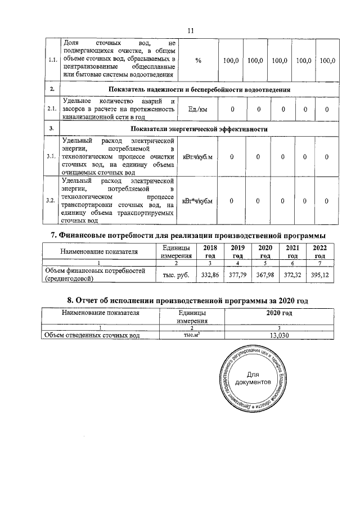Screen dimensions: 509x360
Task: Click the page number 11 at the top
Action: (190, 31)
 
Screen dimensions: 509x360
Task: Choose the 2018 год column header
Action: (210, 251)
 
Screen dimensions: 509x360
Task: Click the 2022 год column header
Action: (319, 251)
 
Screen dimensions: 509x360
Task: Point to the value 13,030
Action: (280, 336)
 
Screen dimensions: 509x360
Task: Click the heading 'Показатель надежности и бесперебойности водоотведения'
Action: (199, 89)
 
